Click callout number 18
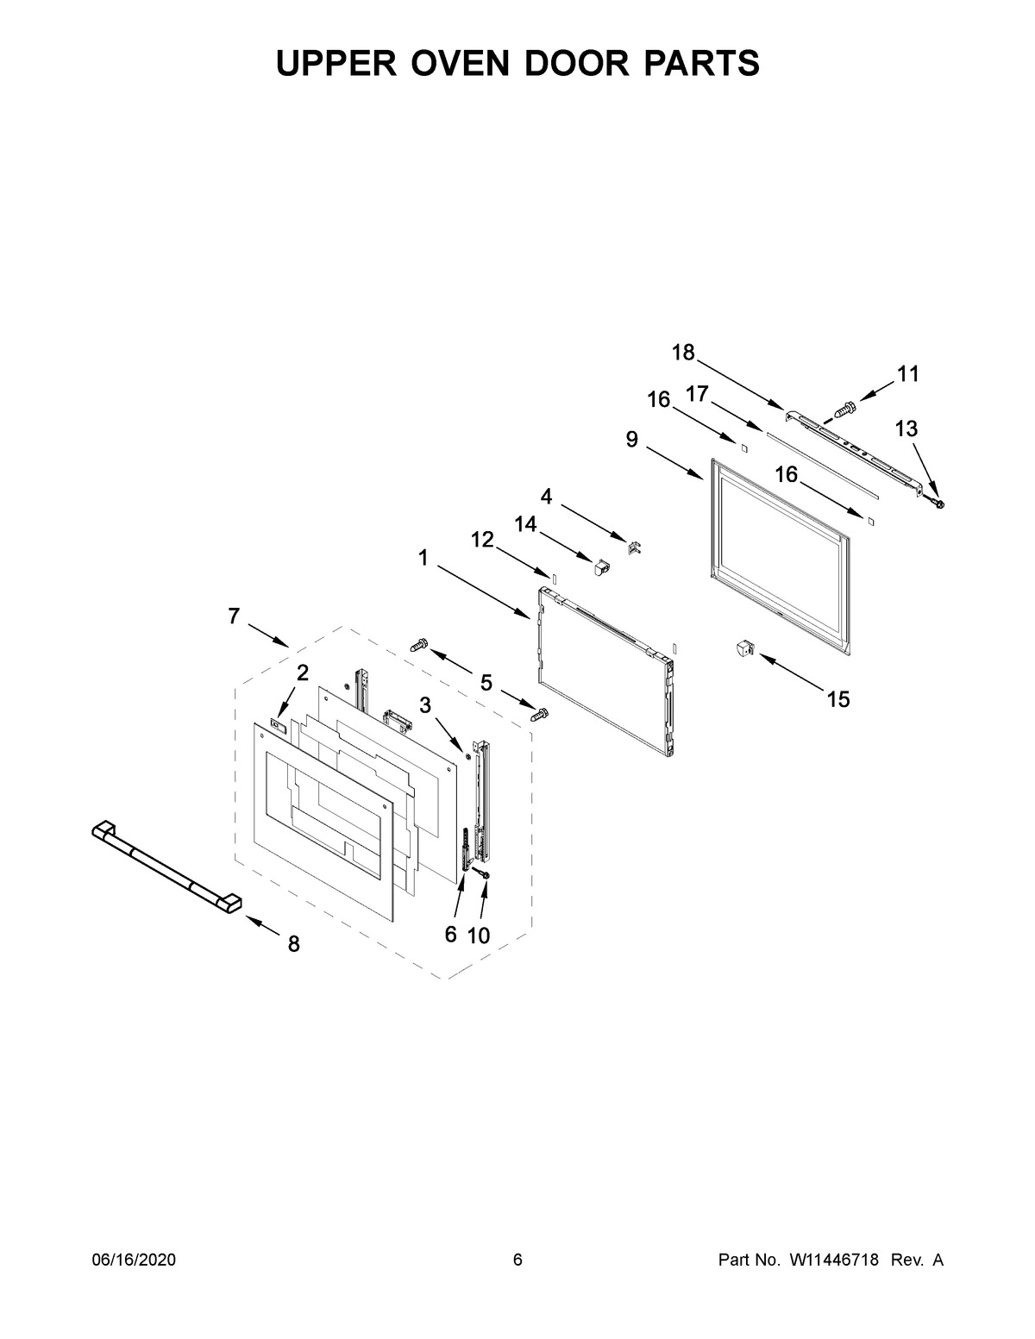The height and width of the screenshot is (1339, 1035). pos(683,352)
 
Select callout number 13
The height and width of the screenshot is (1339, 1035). pos(906,429)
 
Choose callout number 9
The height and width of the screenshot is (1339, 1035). pos(632,440)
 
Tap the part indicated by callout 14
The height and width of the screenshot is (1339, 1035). pos(600,565)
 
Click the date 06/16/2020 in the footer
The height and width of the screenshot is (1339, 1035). pos(134,1261)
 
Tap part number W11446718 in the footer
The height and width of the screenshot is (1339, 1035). pos(833,1261)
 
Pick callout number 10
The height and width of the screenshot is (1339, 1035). pos(478,935)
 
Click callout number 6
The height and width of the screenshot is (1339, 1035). pos(450,935)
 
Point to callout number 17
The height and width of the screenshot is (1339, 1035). pos(697,394)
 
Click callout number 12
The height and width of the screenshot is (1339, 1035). pos(482,540)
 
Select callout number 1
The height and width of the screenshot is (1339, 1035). pos(423,558)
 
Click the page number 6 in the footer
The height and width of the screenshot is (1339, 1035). pos(517,1261)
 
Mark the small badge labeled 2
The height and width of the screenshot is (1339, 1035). pos(278,725)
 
